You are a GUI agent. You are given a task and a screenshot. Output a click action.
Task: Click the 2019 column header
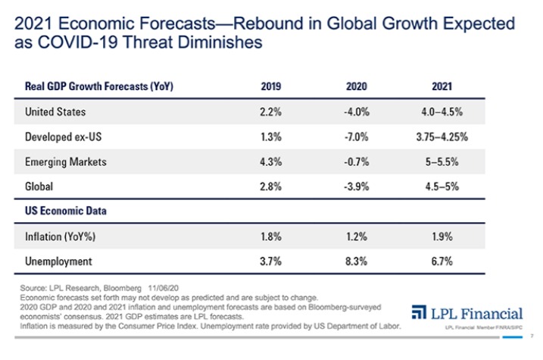pyautogui.click(x=271, y=86)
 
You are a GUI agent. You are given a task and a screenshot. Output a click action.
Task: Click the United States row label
pyautogui.click(x=55, y=112)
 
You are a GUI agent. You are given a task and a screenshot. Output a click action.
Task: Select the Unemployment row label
pyautogui.click(x=59, y=261)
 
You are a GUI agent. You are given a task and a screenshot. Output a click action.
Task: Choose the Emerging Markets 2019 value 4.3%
pyautogui.click(x=271, y=161)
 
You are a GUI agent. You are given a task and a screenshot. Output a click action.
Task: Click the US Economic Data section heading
pyautogui.click(x=63, y=211)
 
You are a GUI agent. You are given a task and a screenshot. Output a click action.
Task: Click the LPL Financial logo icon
pyautogui.click(x=420, y=313)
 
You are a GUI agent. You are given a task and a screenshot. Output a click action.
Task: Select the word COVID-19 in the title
pyautogui.click(x=74, y=42)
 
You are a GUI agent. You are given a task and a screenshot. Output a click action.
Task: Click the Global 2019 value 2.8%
pyautogui.click(x=271, y=186)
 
